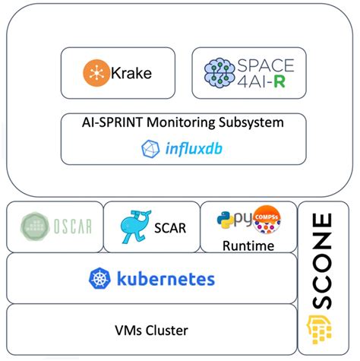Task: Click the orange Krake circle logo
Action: [x=96, y=74]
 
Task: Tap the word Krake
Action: [x=131, y=74]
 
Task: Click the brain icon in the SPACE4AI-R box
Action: [x=221, y=74]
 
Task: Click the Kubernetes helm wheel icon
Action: [x=100, y=278]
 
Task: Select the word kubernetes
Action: [x=165, y=278]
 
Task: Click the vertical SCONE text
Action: [x=324, y=255]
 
